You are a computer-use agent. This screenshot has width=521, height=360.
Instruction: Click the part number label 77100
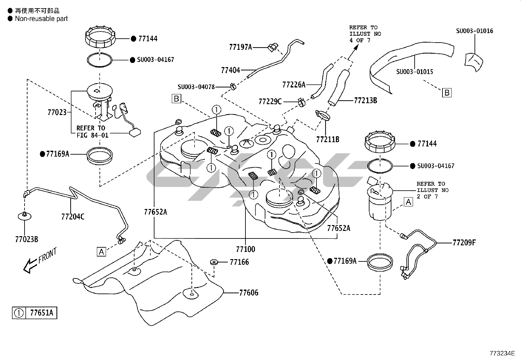click(x=245, y=249)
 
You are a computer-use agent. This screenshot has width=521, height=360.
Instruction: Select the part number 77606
click(x=249, y=293)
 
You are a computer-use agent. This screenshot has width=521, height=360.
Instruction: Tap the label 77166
click(x=239, y=262)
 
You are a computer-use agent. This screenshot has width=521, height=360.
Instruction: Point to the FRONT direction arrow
click(x=29, y=265)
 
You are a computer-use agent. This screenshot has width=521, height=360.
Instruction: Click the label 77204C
click(x=73, y=217)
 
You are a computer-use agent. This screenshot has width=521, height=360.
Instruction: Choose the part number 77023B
click(x=27, y=239)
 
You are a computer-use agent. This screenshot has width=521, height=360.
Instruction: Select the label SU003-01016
click(x=475, y=31)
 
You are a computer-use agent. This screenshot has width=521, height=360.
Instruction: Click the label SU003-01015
click(x=415, y=71)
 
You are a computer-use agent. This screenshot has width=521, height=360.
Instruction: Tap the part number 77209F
click(x=464, y=243)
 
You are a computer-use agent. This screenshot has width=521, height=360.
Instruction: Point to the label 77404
click(x=230, y=70)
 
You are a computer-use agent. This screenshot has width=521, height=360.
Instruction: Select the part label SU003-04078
click(x=196, y=87)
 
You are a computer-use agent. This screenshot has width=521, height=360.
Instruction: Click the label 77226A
click(x=294, y=85)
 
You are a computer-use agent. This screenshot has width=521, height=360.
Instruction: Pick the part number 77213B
click(x=366, y=101)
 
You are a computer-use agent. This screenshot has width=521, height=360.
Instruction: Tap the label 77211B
click(x=328, y=140)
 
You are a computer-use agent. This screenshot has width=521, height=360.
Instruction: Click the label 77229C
click(x=270, y=102)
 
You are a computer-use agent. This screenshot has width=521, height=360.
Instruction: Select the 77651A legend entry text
click(x=41, y=313)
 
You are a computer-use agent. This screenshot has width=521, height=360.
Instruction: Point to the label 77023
click(x=57, y=113)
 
